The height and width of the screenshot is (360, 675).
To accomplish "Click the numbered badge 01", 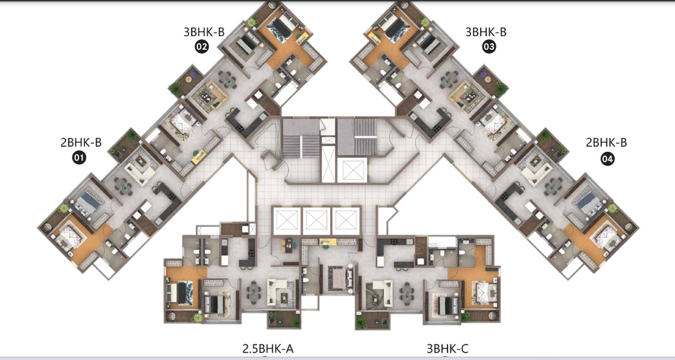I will click(79, 157).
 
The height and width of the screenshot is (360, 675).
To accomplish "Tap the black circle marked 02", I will click(201, 46).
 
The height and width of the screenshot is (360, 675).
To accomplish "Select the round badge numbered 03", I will click(489, 46).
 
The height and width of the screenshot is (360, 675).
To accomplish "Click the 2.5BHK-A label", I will click(272, 349).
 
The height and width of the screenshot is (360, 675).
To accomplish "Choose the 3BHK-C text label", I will click(447, 349).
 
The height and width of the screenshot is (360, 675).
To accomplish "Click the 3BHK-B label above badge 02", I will click(205, 31).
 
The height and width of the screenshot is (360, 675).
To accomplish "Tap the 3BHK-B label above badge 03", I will click(486, 31).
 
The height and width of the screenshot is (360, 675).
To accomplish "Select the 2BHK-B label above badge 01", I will click(80, 141).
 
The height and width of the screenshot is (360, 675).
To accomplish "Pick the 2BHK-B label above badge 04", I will click(606, 142).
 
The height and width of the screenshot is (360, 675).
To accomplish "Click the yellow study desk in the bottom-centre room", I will click(328, 243).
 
